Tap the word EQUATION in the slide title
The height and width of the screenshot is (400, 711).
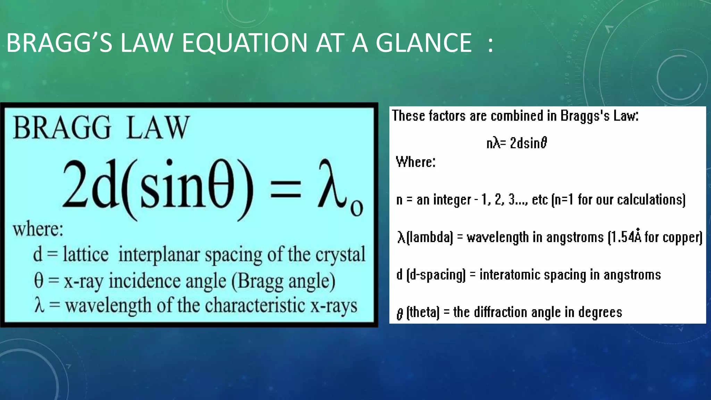[x=244, y=43]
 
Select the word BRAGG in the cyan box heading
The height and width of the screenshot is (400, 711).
[x=62, y=128]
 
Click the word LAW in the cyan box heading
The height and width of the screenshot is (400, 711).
[x=158, y=128]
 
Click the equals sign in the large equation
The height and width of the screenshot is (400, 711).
[x=285, y=190]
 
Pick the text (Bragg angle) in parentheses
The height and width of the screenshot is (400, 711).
[x=283, y=281]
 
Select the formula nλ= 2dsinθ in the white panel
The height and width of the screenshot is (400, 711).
[x=517, y=143]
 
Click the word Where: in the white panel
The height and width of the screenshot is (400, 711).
[x=416, y=162]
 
